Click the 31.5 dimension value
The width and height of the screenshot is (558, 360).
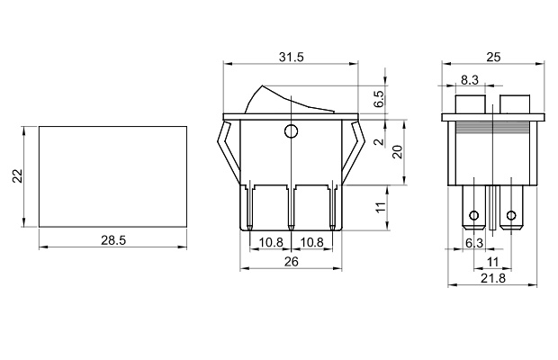290,57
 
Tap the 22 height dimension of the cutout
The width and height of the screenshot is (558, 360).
15,176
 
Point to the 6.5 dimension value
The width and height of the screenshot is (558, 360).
379,97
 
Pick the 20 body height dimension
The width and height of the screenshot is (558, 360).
397,150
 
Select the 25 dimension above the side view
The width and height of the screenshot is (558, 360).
493,57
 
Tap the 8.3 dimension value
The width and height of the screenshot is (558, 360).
469,80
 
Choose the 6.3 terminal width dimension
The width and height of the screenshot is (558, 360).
473,243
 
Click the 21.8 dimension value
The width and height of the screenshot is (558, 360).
493,279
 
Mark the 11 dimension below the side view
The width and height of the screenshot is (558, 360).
493,261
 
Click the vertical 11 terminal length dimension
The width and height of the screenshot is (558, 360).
379,208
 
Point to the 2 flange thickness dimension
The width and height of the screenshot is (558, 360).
379,141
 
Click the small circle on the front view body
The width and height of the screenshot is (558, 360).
290,133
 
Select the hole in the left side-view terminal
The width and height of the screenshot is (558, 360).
473,216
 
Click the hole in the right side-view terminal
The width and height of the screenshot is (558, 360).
513,216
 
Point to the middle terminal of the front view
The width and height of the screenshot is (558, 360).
291,208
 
